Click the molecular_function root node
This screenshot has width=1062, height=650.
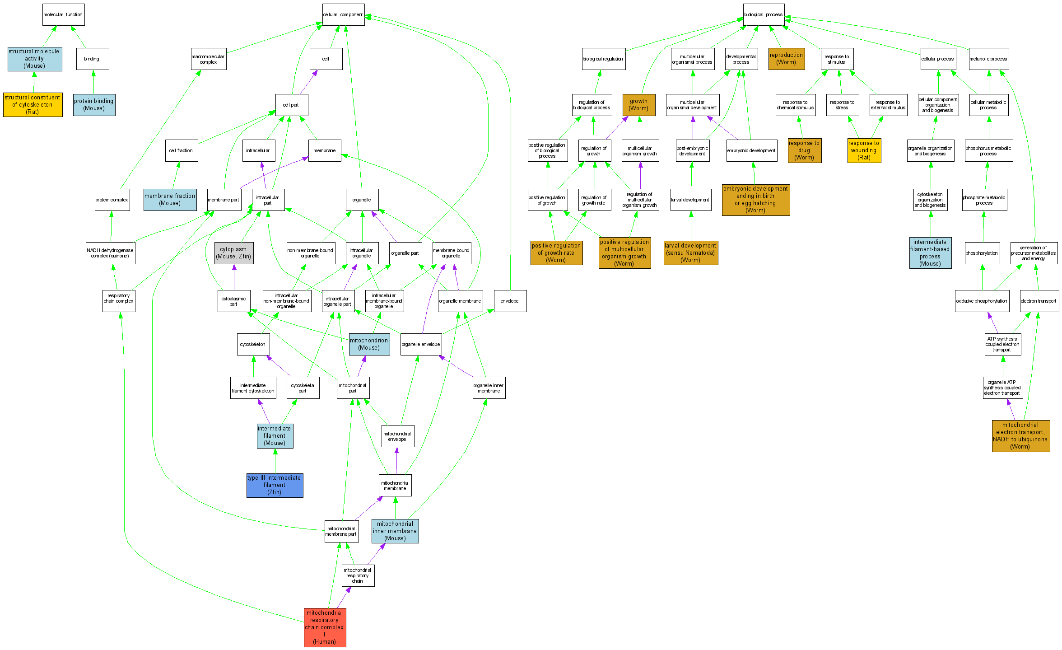[63, 15]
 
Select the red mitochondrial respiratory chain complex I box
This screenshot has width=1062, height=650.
[325, 627]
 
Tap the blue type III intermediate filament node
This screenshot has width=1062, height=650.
[275, 485]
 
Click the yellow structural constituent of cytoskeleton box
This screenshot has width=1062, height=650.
[33, 105]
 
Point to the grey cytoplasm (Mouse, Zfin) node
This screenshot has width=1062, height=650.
[233, 253]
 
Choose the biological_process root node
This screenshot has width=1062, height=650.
[764, 15]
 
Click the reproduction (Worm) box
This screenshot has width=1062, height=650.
[786, 59]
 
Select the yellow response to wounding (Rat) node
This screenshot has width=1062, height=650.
[864, 150]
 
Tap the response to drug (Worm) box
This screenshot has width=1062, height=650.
[804, 150]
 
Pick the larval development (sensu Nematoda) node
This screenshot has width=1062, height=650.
[690, 253]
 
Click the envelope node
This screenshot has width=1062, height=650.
[510, 301]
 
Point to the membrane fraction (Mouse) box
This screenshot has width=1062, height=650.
[170, 200]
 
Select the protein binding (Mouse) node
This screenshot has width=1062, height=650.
[94, 105]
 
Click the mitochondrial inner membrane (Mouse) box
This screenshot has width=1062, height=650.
[395, 531]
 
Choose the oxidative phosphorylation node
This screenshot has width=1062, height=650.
[982, 301]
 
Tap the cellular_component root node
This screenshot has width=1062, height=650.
[343, 15]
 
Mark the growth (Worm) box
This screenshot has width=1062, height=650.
[638, 105]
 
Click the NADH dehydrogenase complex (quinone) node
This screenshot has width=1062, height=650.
[110, 253]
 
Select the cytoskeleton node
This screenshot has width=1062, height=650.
[253, 344]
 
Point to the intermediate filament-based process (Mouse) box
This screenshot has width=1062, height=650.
[930, 253]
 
